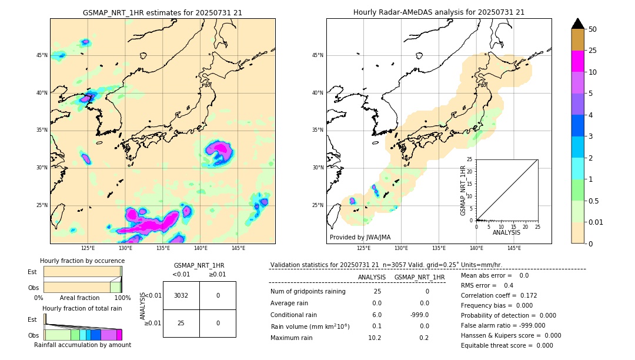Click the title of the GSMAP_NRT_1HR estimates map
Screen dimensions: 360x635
tap(162, 12)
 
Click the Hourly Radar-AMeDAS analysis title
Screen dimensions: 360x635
tap(439, 12)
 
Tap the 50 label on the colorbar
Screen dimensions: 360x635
tap(593, 29)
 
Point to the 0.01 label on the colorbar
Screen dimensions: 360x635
tap(596, 222)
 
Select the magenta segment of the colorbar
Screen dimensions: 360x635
tap(578, 61)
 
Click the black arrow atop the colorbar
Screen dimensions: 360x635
tap(578, 24)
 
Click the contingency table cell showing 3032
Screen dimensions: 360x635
tap(181, 295)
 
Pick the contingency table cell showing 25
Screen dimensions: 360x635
tap(181, 323)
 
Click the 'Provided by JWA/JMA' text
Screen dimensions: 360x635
tap(360, 237)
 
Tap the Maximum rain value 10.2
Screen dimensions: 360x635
tap(375, 338)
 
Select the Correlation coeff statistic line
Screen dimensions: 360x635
tap(499, 295)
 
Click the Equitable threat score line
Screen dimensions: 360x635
tap(507, 345)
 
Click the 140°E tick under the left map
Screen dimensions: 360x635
tap(200, 248)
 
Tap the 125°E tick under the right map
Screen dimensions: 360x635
tap(364, 248)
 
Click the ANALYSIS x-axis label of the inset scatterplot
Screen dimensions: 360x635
tap(506, 233)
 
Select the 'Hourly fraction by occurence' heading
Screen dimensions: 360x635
tap(82, 261)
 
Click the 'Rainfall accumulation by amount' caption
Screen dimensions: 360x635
tap(82, 345)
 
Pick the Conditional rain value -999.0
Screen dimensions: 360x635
tap(419, 315)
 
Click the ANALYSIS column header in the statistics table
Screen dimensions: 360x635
tap(372, 277)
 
